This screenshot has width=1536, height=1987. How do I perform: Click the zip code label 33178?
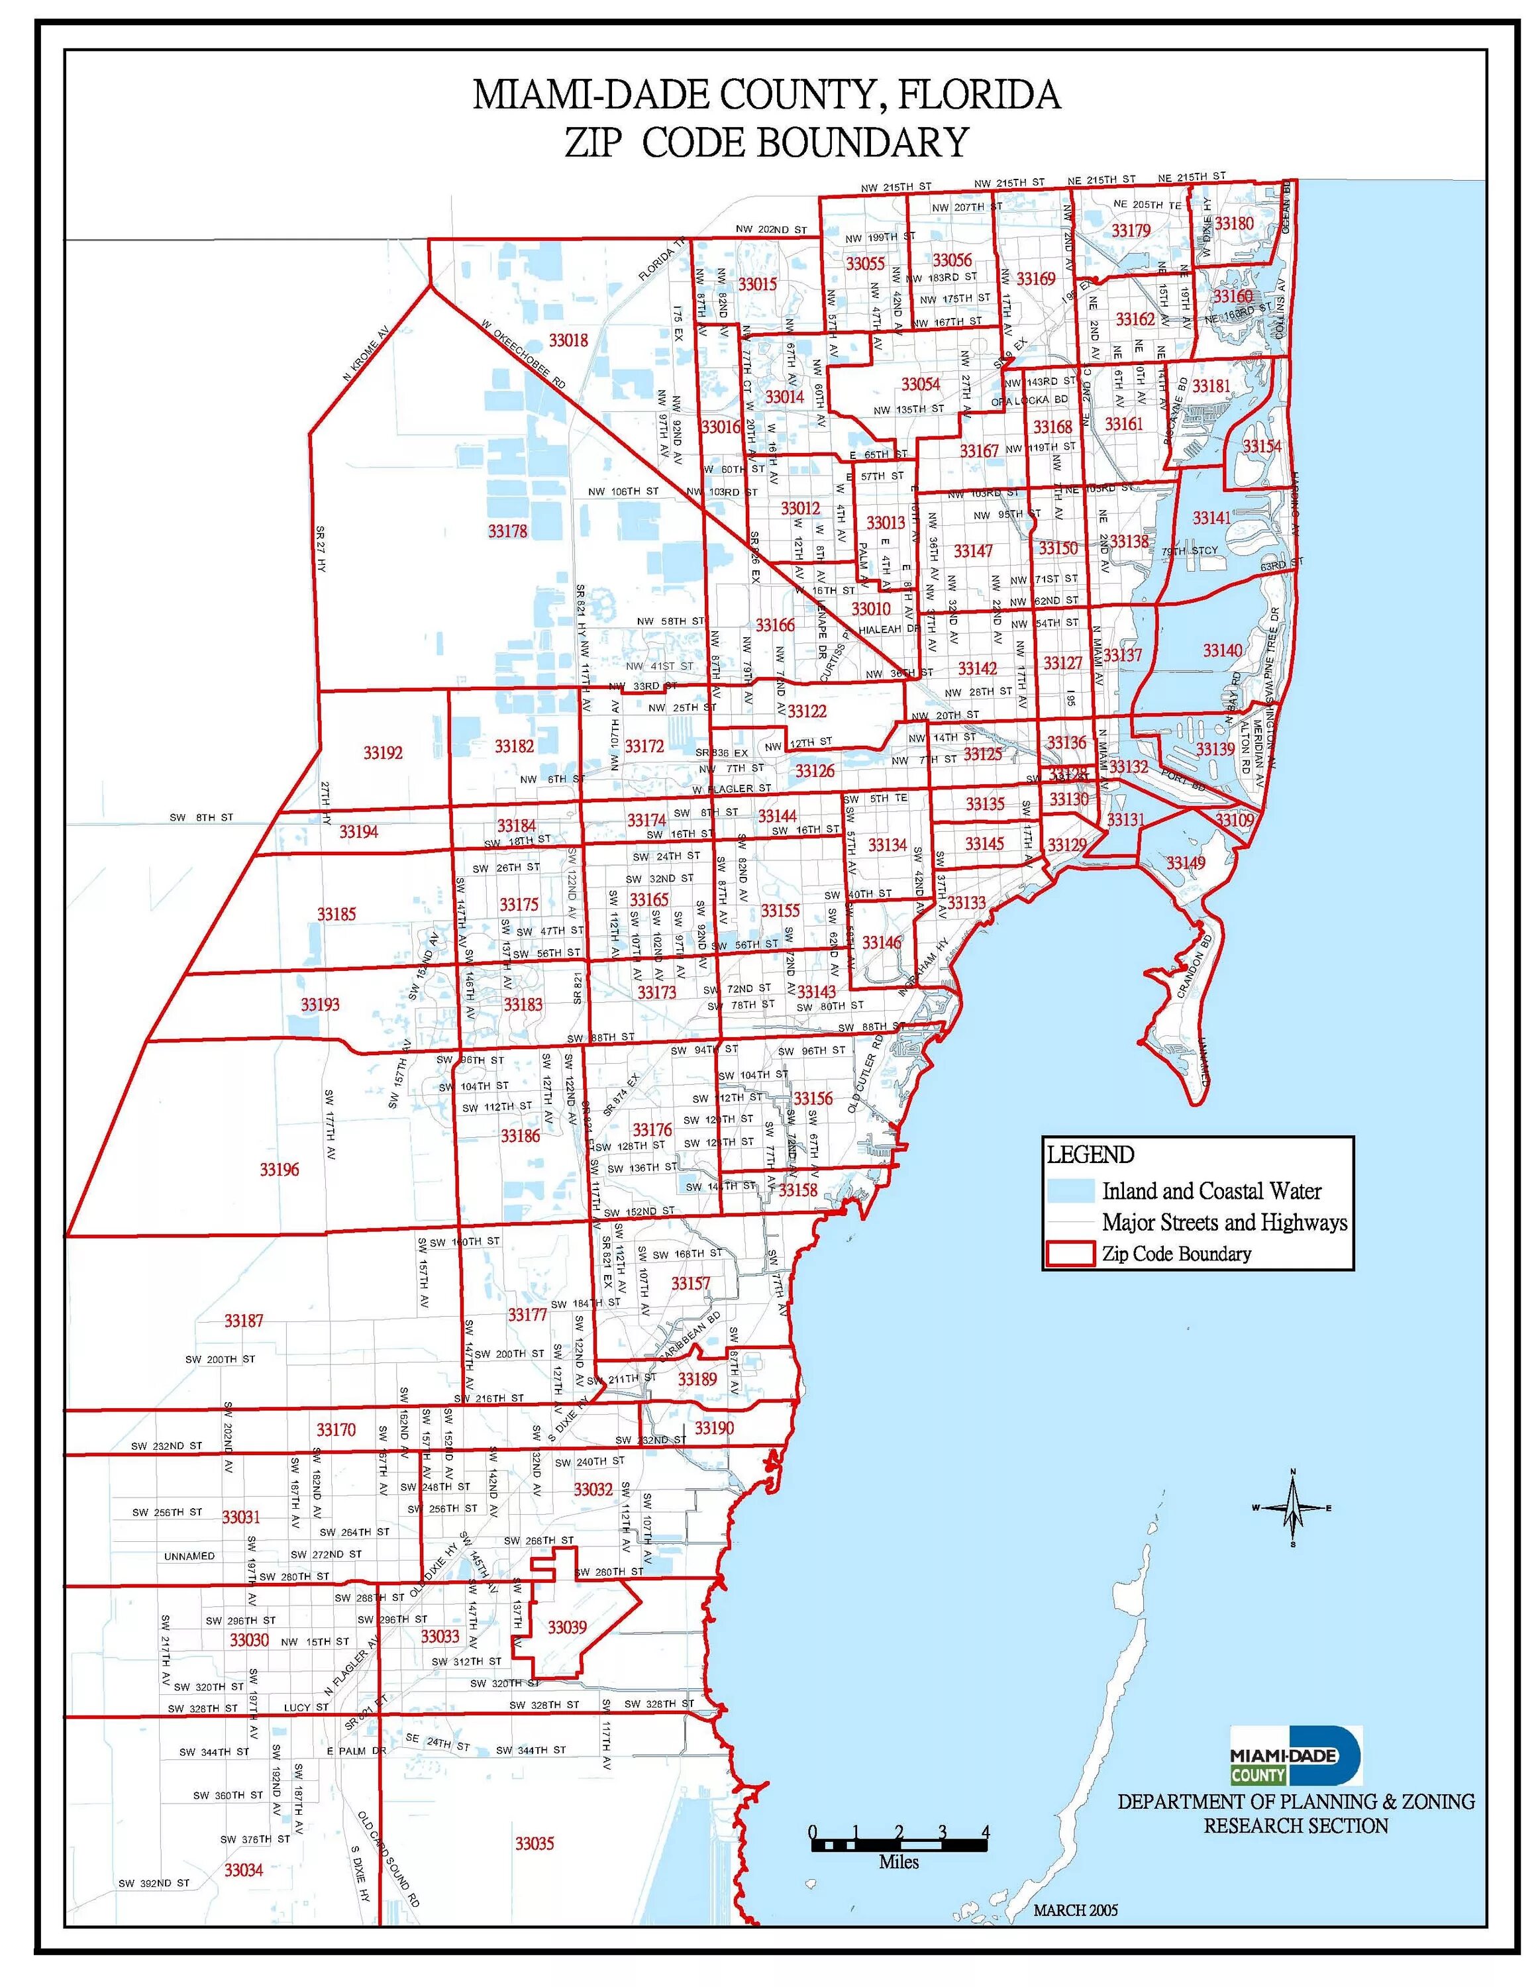click(x=507, y=531)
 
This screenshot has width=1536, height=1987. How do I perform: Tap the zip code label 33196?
click(x=280, y=1169)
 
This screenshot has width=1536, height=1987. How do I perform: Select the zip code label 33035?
click(x=534, y=1843)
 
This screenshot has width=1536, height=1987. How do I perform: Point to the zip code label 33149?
click(x=1186, y=862)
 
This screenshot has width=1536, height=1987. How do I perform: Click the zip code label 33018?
click(x=569, y=341)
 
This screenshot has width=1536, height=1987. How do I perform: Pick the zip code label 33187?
click(x=244, y=1320)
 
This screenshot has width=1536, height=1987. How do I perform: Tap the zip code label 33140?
click(x=1222, y=650)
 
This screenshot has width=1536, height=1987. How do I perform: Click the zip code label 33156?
click(x=813, y=1098)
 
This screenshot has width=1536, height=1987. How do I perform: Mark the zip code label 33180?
click(x=1234, y=224)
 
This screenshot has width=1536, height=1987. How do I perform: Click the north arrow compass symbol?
click(x=1292, y=1509)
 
